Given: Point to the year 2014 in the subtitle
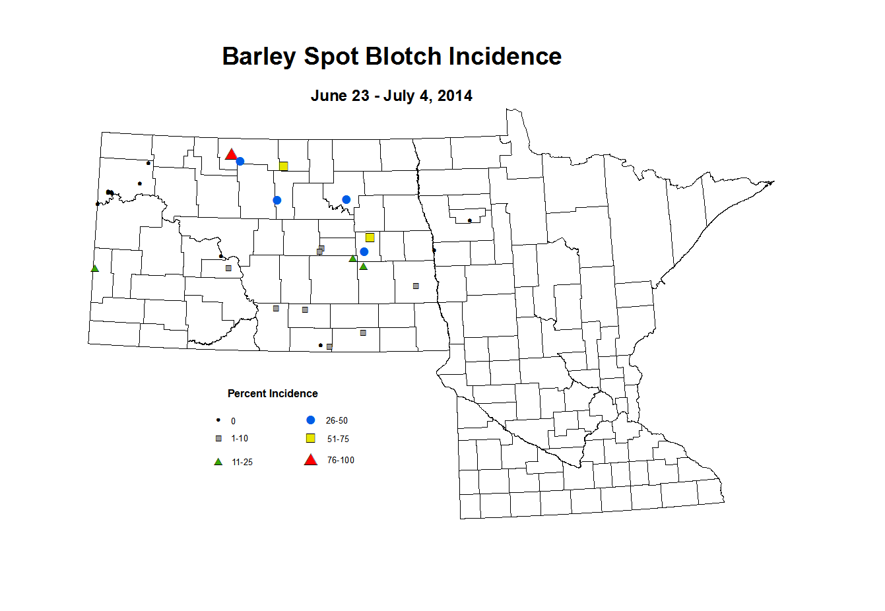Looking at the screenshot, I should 455,96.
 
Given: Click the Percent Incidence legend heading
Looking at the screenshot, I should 273,394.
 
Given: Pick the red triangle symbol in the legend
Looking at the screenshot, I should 310,460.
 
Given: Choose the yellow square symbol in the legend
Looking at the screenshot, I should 311,438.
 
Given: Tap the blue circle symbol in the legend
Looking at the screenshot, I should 311,420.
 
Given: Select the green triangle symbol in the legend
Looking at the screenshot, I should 218,462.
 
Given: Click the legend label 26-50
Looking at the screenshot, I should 337,421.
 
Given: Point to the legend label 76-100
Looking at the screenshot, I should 341,461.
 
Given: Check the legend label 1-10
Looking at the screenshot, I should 240,439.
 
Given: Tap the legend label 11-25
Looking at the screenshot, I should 242,463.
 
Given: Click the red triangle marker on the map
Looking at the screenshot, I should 231,154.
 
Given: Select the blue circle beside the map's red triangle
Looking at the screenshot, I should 240,161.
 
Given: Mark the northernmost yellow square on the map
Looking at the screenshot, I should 284,166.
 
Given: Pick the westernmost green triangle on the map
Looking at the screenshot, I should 95,269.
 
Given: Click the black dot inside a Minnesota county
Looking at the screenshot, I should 469,220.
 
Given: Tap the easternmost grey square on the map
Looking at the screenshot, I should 416,286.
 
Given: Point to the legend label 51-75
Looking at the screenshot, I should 338,439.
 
